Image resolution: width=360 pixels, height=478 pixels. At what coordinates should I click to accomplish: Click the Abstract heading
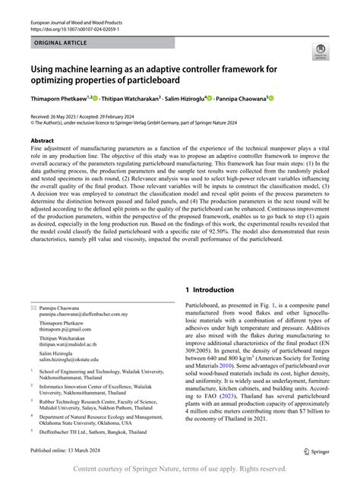(x=42, y=141)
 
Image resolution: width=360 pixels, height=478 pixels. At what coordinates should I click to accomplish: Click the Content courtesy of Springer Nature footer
(x=179, y=470)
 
